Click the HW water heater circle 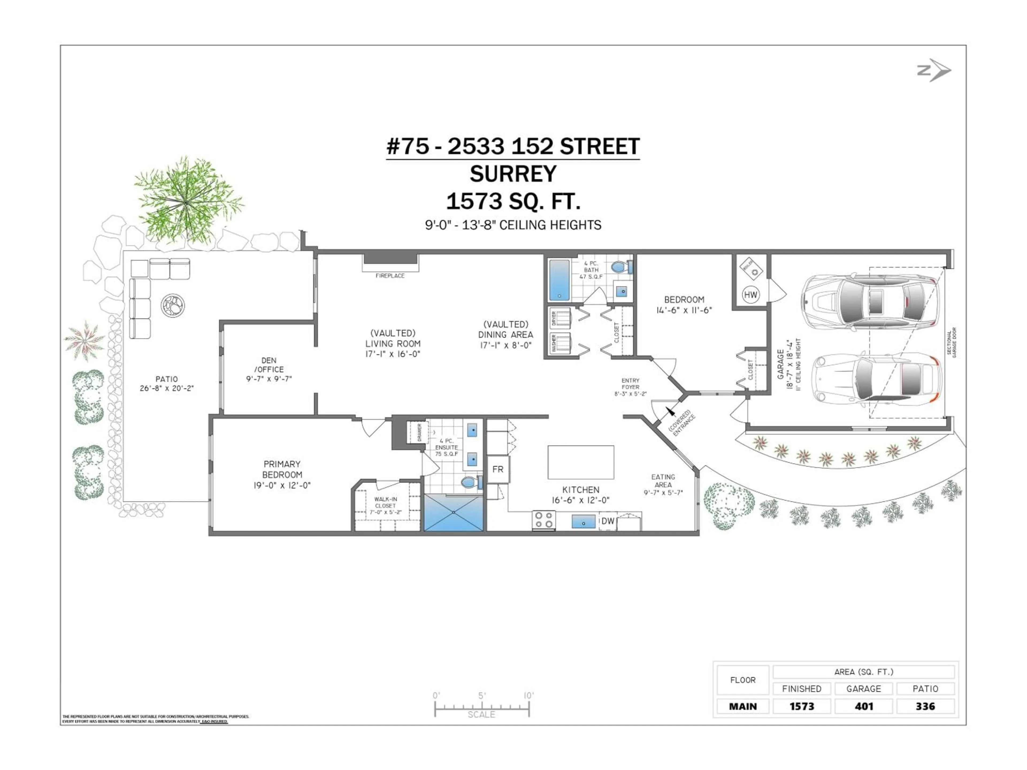[x=750, y=294]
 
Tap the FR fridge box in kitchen [x=498, y=469]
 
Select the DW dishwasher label [x=608, y=521]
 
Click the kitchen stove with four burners [x=544, y=520]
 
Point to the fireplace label [x=390, y=276]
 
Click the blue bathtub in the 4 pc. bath [x=559, y=280]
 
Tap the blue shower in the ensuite [x=454, y=513]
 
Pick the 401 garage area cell [x=864, y=706]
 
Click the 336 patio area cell [x=925, y=706]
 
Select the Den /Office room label [x=269, y=369]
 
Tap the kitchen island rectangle [x=581, y=462]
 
